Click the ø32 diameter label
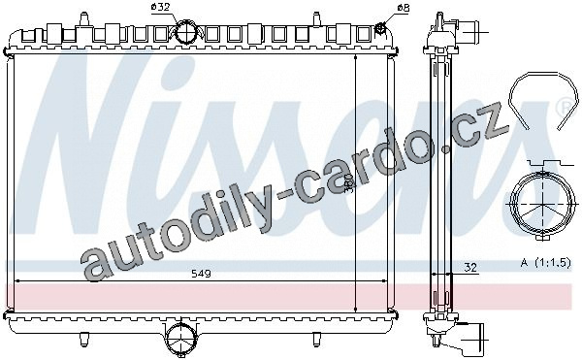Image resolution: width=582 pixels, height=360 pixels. [160, 7]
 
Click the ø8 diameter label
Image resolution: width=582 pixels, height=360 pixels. [404, 7]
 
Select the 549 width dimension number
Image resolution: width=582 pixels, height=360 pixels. [201, 274]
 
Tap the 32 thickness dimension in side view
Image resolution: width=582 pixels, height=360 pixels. [470, 267]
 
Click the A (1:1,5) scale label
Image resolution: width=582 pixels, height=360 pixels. [545, 263]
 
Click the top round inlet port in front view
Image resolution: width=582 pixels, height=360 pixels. [186, 32]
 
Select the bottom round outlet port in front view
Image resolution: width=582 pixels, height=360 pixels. [180, 338]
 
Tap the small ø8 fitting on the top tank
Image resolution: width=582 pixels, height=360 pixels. [380, 28]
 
